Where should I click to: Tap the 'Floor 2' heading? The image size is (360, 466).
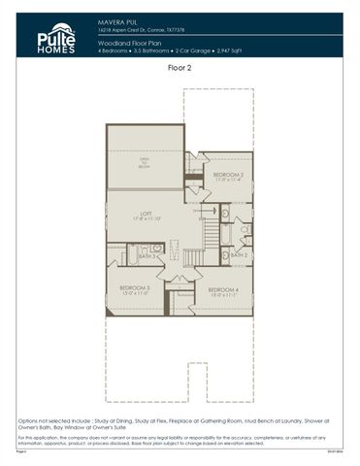coord(180,69)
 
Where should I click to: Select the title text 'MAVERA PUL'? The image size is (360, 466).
coord(115,18)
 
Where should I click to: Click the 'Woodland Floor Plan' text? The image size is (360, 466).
coord(127,43)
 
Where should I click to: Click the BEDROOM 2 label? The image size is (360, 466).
coord(227,175)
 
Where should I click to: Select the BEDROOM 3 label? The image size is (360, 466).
coord(134,287)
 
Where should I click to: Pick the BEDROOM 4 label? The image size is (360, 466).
coord(224,288)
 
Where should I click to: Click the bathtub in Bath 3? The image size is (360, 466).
coord(150,249)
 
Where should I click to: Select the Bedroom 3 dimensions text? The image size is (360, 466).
coord(134,294)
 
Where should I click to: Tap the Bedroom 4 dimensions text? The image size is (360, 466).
coord(224,295)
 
